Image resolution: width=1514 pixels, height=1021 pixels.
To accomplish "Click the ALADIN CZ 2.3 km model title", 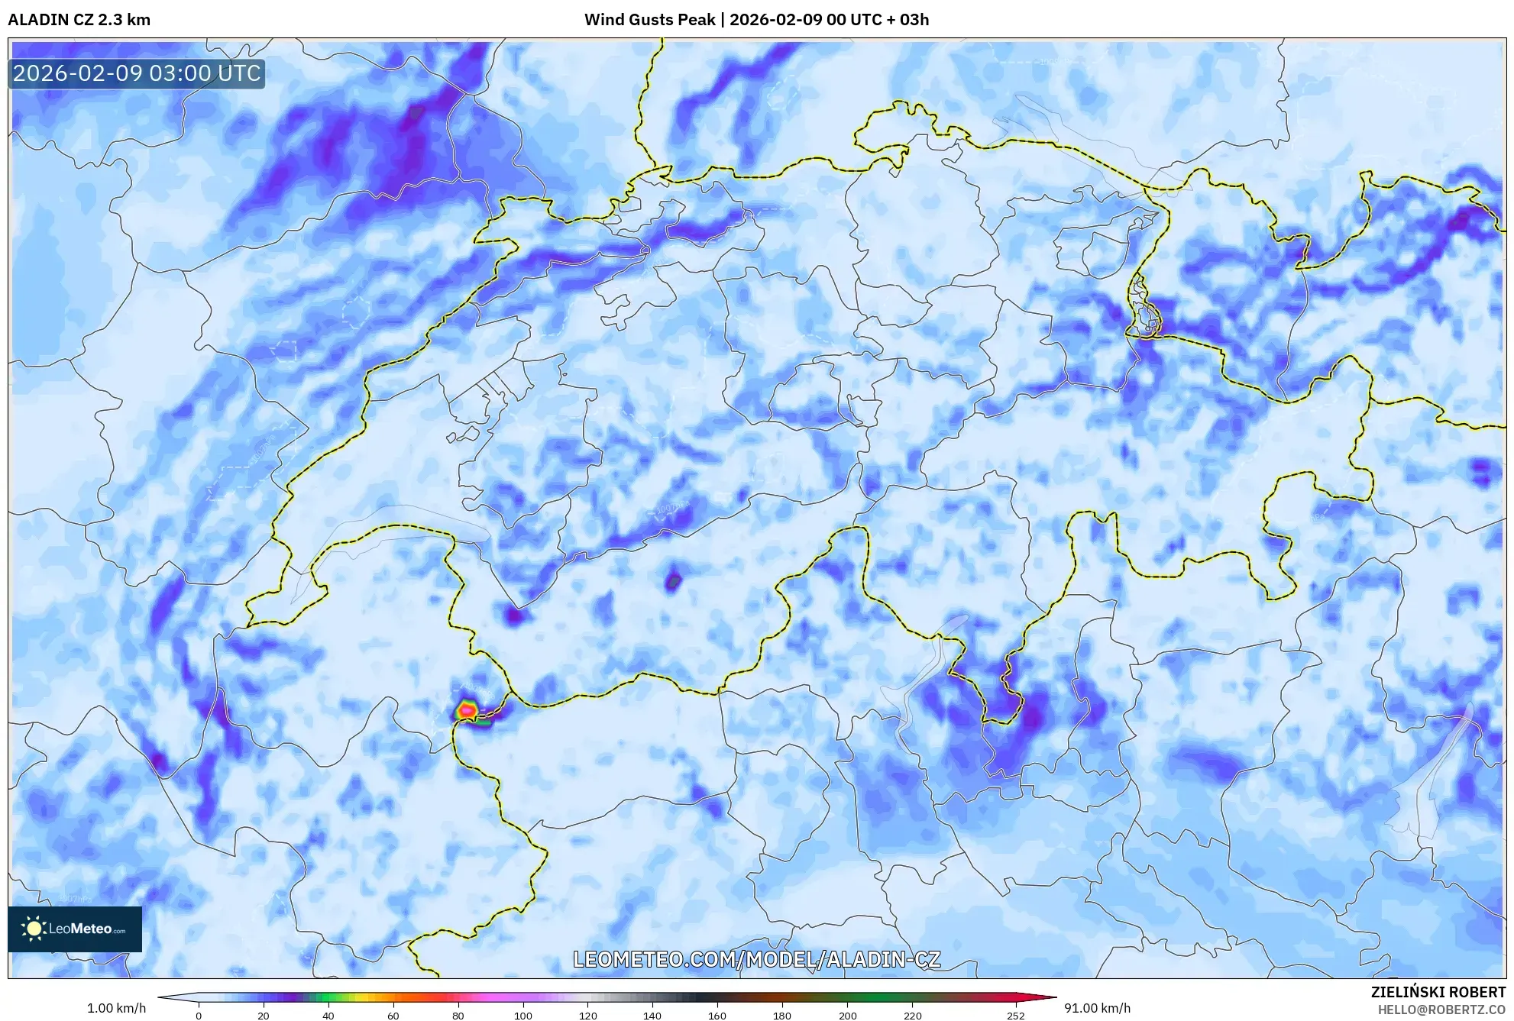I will (x=79, y=20).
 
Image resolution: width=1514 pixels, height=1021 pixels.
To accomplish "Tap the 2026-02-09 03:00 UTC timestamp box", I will (x=137, y=74).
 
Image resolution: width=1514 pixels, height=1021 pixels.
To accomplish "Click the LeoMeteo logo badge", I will (x=75, y=929).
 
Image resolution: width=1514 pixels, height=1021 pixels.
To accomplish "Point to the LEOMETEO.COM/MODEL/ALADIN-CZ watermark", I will (x=756, y=959).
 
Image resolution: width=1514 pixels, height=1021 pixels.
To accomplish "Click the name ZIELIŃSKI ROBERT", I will (x=1438, y=992).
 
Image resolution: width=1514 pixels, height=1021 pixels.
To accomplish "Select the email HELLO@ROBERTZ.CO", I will (x=1441, y=1010).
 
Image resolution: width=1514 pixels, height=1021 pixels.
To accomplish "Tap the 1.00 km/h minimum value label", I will (x=116, y=1008).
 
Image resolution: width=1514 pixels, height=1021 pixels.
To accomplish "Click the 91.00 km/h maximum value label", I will (x=1097, y=1008).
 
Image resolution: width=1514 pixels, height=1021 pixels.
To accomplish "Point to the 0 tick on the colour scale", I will (x=199, y=1016).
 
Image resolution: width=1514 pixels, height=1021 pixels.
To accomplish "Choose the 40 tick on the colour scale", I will (x=328, y=1016).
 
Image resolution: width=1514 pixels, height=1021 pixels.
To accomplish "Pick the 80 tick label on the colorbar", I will (x=458, y=1016).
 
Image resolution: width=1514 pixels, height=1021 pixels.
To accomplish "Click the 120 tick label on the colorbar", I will (x=587, y=1016).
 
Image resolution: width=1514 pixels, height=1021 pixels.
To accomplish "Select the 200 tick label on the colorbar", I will (x=847, y=1016).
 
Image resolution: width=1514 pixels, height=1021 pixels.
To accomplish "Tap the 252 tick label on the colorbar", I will (x=1015, y=1016).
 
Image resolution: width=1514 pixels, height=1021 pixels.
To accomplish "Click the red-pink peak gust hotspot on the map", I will (x=467, y=710).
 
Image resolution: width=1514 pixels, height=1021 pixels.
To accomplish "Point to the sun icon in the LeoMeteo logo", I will (x=34, y=929).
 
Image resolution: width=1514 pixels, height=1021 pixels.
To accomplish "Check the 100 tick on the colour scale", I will (x=522, y=1016).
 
